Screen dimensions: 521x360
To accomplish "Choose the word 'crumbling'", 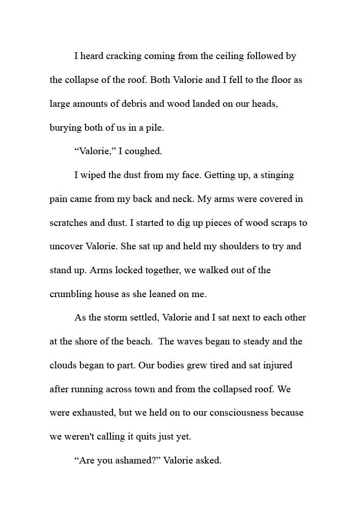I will (x=71, y=294).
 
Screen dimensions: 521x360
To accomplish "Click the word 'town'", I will (x=160, y=389).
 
